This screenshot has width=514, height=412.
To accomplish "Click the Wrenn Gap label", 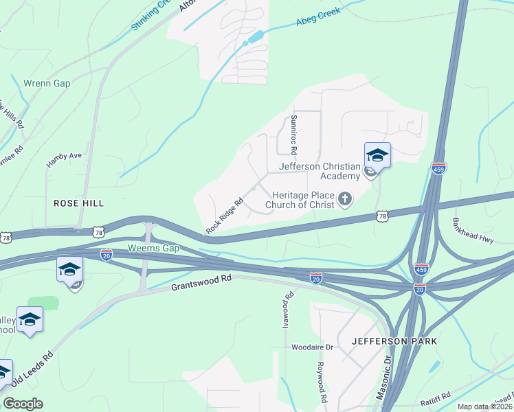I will tap(47, 83).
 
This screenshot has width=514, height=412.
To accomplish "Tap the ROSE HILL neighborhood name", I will tap(79, 203).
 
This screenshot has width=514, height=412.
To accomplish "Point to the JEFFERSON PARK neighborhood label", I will tap(394, 341).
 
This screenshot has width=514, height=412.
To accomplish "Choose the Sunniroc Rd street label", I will tap(293, 134).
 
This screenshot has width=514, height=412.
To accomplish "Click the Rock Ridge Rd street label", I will tap(225, 215).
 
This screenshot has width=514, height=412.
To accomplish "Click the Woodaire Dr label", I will tap(311, 347).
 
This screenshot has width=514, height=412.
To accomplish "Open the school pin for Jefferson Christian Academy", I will tap(377, 157).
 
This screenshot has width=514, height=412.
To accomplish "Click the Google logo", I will tap(23, 404).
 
